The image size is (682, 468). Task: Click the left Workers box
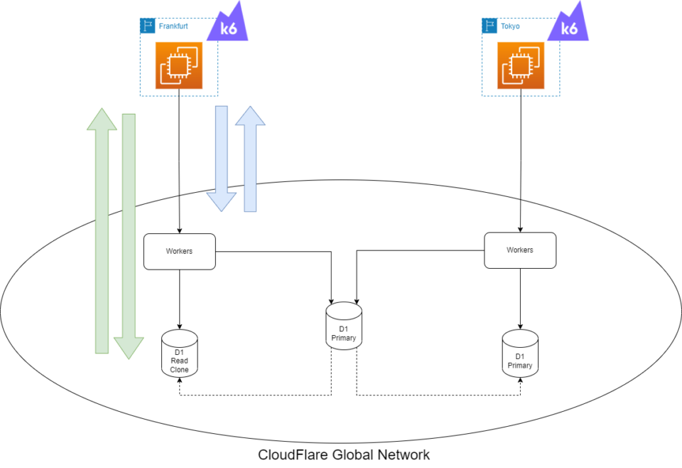(179, 251)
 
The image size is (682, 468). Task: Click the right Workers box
(519, 250)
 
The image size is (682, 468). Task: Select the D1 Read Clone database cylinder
(179, 353)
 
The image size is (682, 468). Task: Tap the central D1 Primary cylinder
(344, 326)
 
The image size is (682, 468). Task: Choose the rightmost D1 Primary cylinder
(519, 353)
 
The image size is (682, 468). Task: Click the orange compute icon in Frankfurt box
(179, 65)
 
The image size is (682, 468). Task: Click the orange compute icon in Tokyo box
(520, 65)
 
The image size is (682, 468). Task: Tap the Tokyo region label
(510, 26)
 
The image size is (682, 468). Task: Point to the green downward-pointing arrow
(129, 235)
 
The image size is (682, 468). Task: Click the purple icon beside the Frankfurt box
(228, 23)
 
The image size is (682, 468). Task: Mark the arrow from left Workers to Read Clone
(179, 299)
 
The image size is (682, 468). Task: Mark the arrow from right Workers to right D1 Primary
(520, 299)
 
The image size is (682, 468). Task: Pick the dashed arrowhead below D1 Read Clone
(179, 381)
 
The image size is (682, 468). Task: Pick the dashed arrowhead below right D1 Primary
(520, 381)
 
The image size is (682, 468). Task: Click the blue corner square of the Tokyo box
(489, 26)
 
